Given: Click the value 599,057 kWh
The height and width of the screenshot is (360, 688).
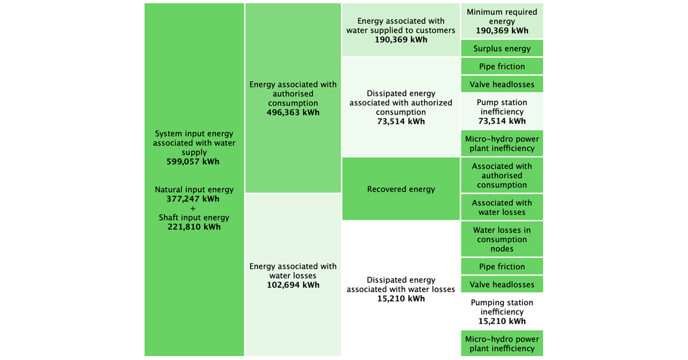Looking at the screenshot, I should coord(194,162).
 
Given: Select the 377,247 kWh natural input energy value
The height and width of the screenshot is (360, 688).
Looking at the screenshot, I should coord(194,199).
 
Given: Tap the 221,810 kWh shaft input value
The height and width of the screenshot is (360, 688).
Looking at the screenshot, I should coord(194,227).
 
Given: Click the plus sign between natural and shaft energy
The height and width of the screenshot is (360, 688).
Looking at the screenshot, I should coord(194,208).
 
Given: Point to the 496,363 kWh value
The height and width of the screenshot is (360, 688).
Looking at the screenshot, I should coord(293,112).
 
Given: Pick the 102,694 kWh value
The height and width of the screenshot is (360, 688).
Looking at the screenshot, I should coord(293,285).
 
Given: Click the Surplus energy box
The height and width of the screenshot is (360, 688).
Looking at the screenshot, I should coord(502,49).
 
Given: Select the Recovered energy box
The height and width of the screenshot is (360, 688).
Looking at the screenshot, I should coord(401,189).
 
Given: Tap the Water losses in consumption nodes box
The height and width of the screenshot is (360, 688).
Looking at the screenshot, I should coord(502,239).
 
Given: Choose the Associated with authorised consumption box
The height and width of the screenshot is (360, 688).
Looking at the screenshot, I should coord(502,175).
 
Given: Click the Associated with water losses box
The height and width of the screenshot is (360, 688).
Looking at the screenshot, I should coord(502,207).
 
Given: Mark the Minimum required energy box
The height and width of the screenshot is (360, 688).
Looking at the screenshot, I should coord(502,21).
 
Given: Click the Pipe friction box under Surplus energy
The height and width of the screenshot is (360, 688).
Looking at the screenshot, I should coord(502,66).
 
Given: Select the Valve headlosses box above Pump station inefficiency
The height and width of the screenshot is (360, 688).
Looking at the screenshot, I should coord(502,84).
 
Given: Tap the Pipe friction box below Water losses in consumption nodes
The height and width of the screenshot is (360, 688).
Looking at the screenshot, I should coord(502,267).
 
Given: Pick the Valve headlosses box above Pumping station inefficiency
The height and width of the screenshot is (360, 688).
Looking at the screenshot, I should coord(502,284).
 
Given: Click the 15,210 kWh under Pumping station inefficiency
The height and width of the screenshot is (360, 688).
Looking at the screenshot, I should coord(502,321).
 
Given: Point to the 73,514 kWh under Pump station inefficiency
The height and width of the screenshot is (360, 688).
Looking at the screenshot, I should coord(502,121).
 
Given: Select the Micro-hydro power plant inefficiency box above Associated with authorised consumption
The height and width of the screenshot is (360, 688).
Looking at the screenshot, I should coord(502,143).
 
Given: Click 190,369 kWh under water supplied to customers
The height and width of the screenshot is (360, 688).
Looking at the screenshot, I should coord(401,40).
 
